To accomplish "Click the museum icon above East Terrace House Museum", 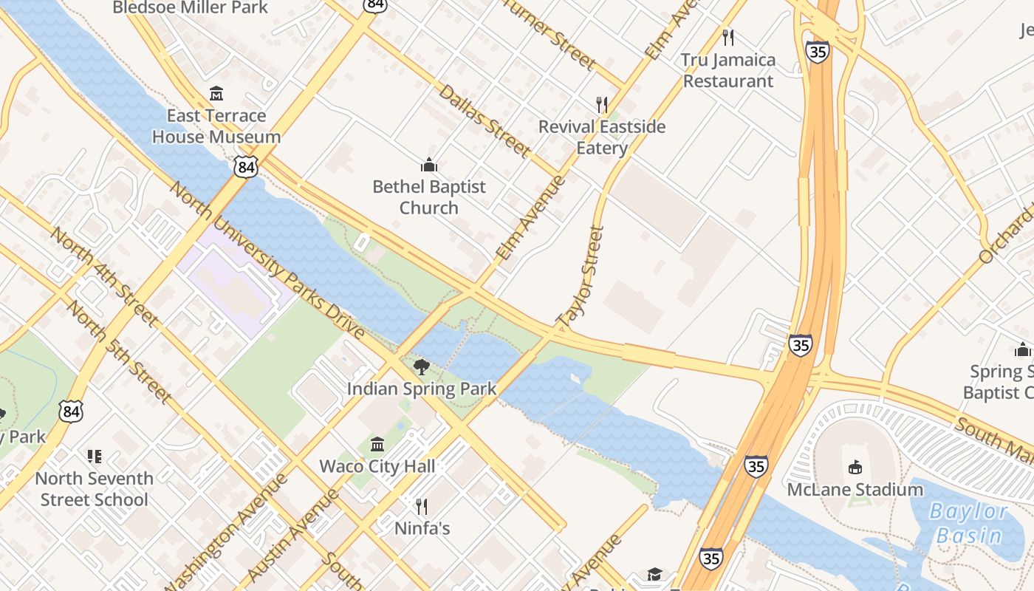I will [216, 94].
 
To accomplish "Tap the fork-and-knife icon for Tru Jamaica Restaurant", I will [728, 37].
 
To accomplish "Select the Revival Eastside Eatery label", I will [602, 137].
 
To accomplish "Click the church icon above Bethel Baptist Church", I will [428, 164].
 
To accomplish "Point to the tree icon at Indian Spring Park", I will [421, 366].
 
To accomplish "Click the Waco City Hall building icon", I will [377, 444].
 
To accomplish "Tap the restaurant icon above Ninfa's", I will [422, 506].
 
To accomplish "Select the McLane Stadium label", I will [855, 489].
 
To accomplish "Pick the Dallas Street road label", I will [484, 121].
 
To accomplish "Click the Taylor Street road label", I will [582, 277].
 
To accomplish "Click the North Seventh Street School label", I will [95, 489].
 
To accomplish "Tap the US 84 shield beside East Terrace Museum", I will [247, 167].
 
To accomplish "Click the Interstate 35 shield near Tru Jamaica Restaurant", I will [818, 52].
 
